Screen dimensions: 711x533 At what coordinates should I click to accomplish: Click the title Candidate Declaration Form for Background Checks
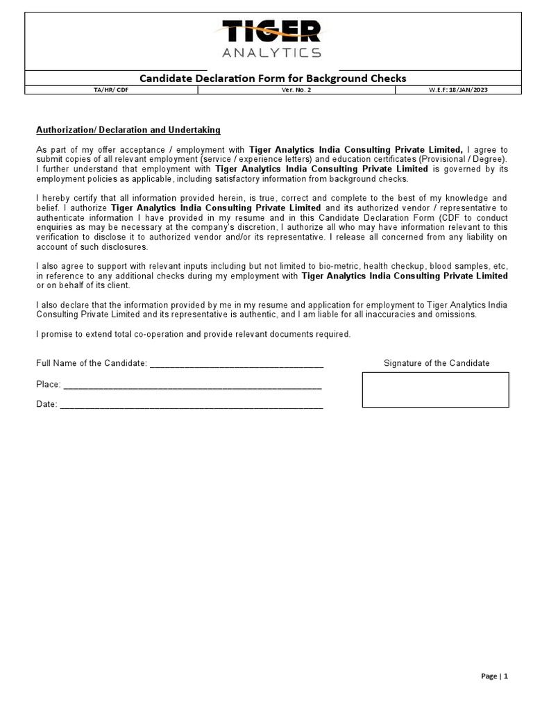(273, 78)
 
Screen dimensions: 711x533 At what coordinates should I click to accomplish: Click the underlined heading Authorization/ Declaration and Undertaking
(128, 130)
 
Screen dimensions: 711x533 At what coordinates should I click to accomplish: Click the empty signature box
(435, 390)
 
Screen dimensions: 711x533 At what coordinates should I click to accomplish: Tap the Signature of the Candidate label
(437, 363)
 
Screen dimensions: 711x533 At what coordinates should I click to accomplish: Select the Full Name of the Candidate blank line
(236, 364)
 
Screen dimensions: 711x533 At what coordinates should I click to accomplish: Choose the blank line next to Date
(192, 405)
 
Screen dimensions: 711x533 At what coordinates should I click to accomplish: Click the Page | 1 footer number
(495, 676)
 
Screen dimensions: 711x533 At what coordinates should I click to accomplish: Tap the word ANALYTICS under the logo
(271, 53)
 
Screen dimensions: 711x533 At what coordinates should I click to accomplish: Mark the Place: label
(49, 385)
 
